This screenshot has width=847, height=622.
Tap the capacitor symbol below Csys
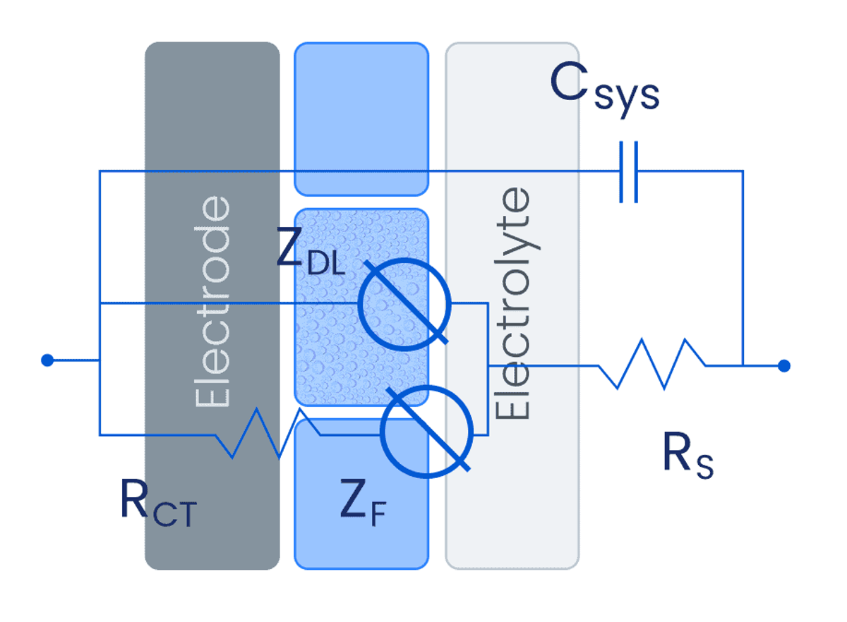(628, 171)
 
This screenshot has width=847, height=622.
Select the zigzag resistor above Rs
(651, 364)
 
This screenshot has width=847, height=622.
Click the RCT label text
(157, 503)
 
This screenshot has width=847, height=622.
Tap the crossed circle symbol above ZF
(426, 432)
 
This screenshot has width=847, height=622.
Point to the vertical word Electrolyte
(513, 303)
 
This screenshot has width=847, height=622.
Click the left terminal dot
(47, 360)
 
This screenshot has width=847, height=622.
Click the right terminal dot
(783, 365)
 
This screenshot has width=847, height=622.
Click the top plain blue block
(361, 118)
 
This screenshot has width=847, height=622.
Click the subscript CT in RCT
(173, 515)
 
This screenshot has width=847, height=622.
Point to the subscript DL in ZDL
(326, 264)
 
